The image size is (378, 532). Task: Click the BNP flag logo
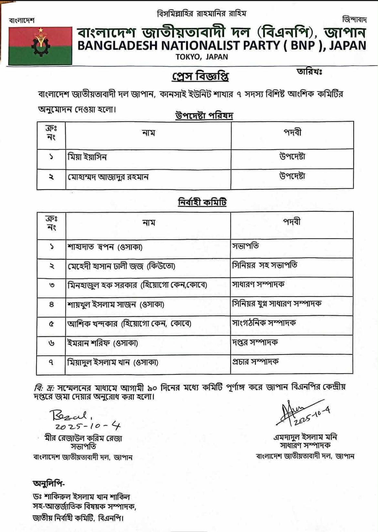tap(41, 46)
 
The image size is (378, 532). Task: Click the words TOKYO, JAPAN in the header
tap(202, 57)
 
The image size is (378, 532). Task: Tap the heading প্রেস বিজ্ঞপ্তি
tap(200, 76)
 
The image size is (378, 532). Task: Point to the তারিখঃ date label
tap(309, 72)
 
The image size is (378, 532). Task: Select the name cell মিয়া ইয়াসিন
tap(87, 157)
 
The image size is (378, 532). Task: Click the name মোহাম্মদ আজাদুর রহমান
tap(108, 177)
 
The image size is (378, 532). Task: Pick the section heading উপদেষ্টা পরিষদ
tap(204, 116)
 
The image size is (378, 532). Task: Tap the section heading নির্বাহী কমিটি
tap(202, 202)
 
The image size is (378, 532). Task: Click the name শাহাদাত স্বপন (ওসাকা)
tap(105, 247)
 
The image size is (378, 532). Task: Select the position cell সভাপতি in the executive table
tap(245, 246)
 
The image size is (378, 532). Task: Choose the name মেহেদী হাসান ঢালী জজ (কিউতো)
tap(121, 266)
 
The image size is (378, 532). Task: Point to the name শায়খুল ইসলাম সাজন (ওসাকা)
tap(116, 304)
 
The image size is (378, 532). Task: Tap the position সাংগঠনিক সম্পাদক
tap(264, 323)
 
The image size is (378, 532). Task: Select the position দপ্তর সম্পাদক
tap(255, 342)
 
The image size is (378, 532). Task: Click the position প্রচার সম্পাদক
tap(255, 361)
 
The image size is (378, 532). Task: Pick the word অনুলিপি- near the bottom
tap(49, 483)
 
